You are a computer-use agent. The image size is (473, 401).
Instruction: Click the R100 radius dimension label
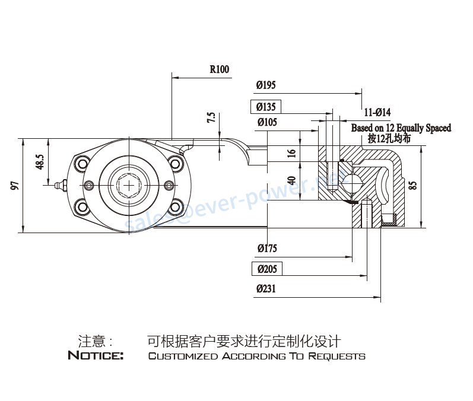click(219, 69)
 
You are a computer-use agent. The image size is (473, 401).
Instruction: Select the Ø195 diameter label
click(266, 85)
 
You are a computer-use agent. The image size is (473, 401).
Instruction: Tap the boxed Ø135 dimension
click(266, 107)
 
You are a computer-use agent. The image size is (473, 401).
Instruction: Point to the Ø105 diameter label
click(266, 123)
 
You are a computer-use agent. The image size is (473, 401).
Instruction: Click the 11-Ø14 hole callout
click(377, 112)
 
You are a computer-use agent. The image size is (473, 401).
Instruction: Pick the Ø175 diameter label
click(266, 248)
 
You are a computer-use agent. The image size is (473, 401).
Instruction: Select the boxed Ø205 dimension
click(267, 269)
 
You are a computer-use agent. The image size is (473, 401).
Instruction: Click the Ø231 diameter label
click(266, 289)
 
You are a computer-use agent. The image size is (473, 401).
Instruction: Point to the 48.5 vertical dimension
click(40, 163)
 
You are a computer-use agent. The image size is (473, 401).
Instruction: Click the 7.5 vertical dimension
click(211, 117)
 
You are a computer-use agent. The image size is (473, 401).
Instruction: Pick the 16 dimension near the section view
click(291, 153)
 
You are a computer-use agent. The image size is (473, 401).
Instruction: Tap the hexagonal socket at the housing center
click(129, 185)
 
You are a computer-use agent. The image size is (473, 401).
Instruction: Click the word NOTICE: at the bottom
click(96, 356)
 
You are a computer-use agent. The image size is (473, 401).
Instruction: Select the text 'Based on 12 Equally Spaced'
click(401, 128)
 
